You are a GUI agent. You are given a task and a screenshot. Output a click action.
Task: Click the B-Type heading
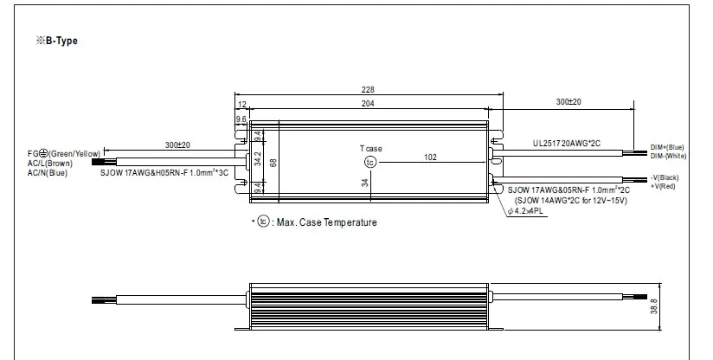point(57,41)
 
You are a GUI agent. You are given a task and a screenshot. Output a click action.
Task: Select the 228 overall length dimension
point(368,90)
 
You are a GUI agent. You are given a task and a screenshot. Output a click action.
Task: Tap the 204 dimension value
point(368,104)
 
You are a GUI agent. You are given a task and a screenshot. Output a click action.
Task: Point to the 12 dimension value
point(242,105)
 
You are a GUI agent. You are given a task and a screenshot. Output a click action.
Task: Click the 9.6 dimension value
point(241,119)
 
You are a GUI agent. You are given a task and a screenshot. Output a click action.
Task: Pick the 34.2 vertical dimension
point(258,158)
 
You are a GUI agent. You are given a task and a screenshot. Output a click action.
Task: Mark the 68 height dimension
point(273,163)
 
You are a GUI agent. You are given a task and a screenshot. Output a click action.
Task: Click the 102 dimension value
point(430,157)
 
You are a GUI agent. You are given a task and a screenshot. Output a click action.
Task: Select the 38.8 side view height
point(654,306)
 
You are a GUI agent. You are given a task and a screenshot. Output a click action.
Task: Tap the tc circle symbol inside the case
point(370,163)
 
